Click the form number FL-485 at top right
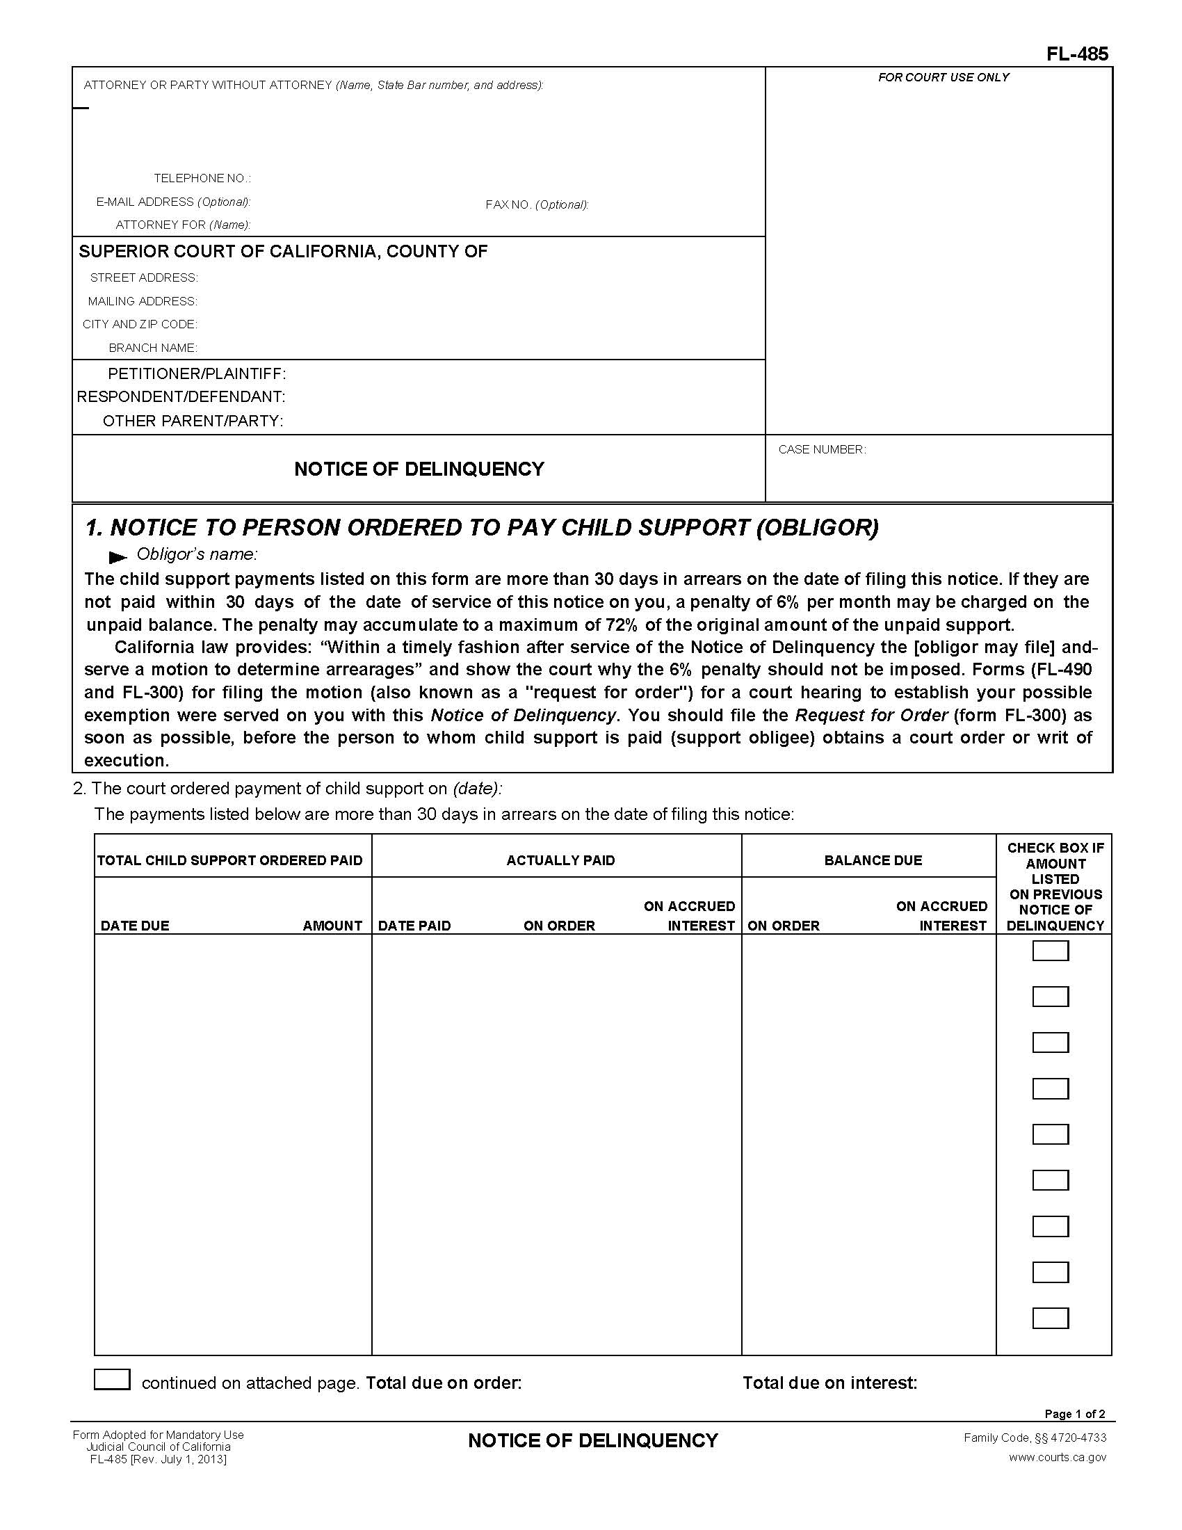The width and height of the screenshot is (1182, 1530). coord(1077,54)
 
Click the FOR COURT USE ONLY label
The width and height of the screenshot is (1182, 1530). coord(944,78)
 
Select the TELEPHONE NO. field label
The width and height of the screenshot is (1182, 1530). coord(202,179)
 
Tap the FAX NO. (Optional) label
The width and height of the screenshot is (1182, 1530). coord(536,204)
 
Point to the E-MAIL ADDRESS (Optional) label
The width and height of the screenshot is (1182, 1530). coord(173,202)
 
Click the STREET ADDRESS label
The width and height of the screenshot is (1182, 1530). coord(144,278)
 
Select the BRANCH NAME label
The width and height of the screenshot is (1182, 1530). coord(153,348)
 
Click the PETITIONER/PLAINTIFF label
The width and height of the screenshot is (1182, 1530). coord(197,373)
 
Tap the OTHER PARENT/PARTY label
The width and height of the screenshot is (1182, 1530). coord(193,421)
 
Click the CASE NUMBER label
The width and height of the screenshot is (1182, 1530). coord(821,450)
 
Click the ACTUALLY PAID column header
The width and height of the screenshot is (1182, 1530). coord(560,860)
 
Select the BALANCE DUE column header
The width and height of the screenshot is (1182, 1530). coord(873,860)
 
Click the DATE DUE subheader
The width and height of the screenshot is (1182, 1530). coord(135,926)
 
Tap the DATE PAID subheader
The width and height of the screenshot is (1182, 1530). coord(414,926)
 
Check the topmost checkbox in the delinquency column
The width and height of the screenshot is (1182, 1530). coord(1050,951)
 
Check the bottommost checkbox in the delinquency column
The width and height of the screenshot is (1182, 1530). coord(1050,1318)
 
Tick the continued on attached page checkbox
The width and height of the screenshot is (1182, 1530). coord(112,1379)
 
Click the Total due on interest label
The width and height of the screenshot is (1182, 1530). coord(829,1383)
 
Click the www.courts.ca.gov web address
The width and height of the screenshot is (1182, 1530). coord(1058,1457)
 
